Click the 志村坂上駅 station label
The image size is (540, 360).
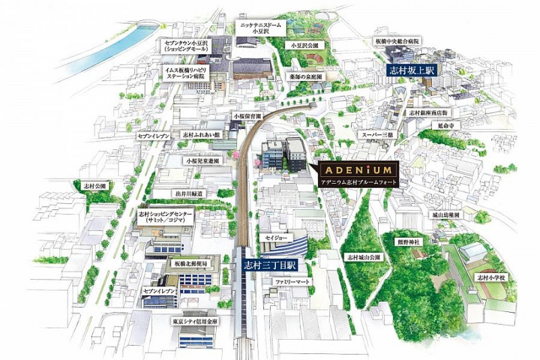point(408,69)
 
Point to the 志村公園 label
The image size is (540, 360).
point(92,184)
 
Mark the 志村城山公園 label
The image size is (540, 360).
point(364,257)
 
